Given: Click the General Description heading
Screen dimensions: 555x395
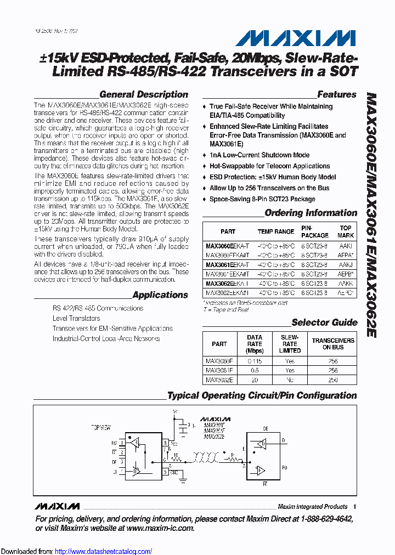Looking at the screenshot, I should tap(144, 94).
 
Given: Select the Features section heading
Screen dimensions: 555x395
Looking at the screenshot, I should tap(336, 94).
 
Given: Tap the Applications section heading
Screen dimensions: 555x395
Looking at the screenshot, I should tap(160, 295).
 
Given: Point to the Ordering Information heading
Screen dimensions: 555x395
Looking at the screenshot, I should tap(311, 213).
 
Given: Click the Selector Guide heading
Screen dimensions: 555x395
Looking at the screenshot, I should tap(324, 322).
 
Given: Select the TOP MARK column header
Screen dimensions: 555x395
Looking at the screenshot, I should tap(345, 231).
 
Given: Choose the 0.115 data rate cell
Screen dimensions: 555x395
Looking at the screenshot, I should tap(255, 361).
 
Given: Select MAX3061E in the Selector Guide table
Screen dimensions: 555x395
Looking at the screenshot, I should tap(219, 370).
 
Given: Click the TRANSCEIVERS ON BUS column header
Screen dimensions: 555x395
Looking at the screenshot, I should tap(333, 344).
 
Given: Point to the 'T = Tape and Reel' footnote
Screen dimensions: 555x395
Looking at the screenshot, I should tap(226, 310).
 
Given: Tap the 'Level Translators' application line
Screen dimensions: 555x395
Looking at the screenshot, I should tap(76, 318).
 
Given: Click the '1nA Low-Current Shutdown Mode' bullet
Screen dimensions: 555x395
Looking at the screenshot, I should tap(259, 155).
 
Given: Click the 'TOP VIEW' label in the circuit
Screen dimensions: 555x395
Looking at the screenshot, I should tap(103, 426).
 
